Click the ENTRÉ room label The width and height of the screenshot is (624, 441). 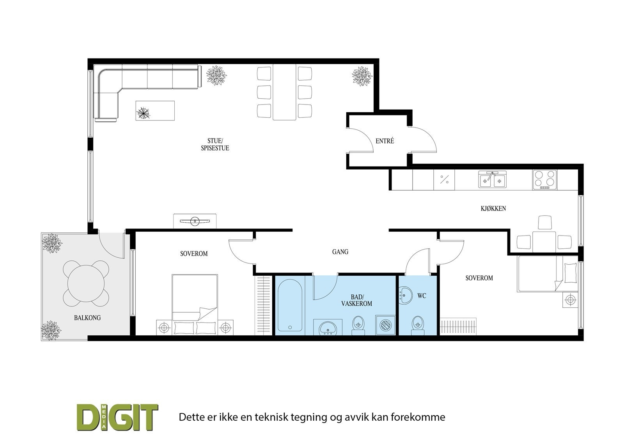[385, 141]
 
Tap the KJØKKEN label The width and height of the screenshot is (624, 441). [493, 209]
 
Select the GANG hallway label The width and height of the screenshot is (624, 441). [340, 252]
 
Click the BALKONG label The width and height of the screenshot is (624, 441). [87, 318]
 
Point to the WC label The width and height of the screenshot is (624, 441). [422, 296]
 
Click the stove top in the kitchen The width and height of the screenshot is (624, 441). [545, 180]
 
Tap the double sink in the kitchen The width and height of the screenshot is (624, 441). [492, 180]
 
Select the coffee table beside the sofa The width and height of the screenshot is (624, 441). [155, 111]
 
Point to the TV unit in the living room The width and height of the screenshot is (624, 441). [195, 221]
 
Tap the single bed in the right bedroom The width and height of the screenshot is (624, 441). [546, 274]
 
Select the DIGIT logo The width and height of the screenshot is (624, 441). [117, 417]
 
